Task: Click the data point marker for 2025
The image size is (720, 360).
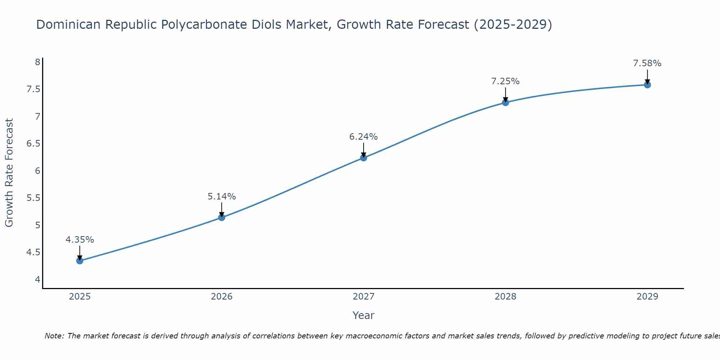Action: coord(80,261)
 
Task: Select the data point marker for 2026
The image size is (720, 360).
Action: coord(222,217)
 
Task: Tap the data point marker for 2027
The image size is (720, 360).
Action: coord(364,158)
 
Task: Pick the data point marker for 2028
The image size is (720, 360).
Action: coord(505,103)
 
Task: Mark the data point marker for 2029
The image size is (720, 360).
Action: coord(647,85)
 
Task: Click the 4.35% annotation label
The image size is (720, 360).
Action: coord(80,240)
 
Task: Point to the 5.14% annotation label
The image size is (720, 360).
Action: coord(222,197)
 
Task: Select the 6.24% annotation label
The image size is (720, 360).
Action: coord(364,137)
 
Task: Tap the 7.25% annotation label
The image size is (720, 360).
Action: coord(505,81)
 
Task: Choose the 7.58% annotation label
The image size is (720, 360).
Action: coord(647,63)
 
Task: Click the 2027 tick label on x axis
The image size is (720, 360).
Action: coord(364,297)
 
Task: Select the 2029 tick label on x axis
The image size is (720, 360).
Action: coord(647,297)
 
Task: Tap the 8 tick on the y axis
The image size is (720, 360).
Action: coord(37,62)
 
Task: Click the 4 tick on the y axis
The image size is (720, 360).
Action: coord(37,279)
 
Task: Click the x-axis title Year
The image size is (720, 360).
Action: coord(364,315)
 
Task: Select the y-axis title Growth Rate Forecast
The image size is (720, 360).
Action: coord(9,173)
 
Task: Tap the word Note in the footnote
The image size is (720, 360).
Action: coord(54,336)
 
